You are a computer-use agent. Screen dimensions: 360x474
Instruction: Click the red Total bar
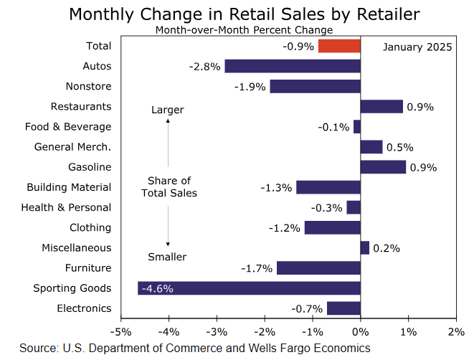click(x=339, y=46)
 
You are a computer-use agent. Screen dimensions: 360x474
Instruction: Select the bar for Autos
click(x=293, y=66)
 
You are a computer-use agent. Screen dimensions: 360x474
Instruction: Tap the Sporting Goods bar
click(x=249, y=288)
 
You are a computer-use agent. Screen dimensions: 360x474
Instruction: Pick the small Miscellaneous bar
click(x=364, y=247)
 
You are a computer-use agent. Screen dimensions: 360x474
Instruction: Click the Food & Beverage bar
click(x=357, y=127)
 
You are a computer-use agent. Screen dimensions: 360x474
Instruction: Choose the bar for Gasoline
click(x=383, y=167)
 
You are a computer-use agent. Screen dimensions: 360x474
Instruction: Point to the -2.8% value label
click(x=204, y=67)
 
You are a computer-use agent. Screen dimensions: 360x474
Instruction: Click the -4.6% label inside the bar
click(x=157, y=289)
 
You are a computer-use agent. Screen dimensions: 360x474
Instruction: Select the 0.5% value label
click(x=399, y=147)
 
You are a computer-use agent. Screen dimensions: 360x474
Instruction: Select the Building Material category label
click(x=69, y=187)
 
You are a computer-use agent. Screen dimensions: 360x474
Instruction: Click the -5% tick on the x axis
click(x=121, y=332)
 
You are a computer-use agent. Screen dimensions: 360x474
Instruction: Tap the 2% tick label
click(x=456, y=332)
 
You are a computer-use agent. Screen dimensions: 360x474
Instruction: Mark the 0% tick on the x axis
click(x=360, y=332)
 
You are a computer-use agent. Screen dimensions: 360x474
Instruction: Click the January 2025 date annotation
click(x=417, y=47)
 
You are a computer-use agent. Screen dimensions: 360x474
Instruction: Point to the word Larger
click(x=168, y=110)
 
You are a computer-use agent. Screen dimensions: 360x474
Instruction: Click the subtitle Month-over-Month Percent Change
click(x=244, y=30)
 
